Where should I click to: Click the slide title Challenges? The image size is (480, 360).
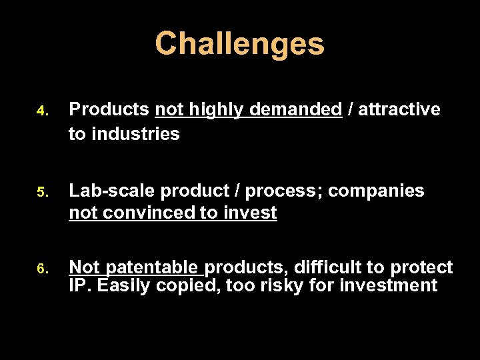coord(239,44)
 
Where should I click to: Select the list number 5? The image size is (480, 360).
coord(41,192)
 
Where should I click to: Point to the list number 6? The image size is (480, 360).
coord(41,269)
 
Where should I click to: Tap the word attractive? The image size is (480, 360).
coord(399,110)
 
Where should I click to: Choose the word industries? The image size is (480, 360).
coord(135,134)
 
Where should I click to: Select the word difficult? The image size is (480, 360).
coord(324,268)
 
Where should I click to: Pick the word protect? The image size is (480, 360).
coord(421,268)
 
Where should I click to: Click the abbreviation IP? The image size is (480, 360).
coord(80,286)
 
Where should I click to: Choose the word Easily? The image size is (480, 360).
coord(125,286)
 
